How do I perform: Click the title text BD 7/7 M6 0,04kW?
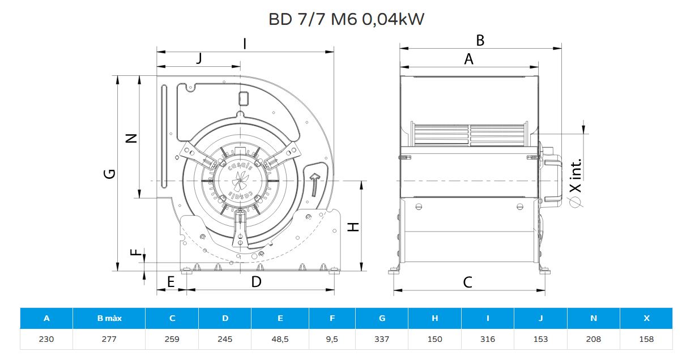(x=346, y=19)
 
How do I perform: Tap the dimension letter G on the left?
(x=110, y=174)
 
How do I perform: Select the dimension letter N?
(x=131, y=139)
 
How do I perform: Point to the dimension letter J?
(x=199, y=58)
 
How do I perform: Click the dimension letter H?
(x=353, y=227)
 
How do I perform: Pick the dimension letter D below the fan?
(x=257, y=282)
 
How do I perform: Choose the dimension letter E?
(x=171, y=282)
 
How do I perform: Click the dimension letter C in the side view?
(x=468, y=282)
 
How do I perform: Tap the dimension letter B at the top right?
(x=480, y=41)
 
